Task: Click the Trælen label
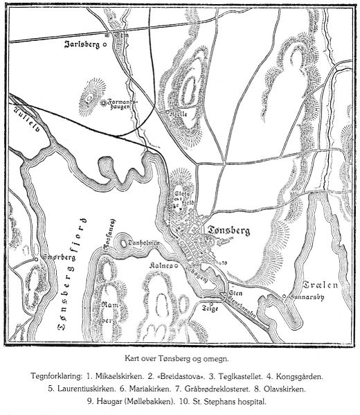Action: [x=319, y=285]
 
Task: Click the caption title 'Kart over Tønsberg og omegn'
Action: [x=179, y=360]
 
